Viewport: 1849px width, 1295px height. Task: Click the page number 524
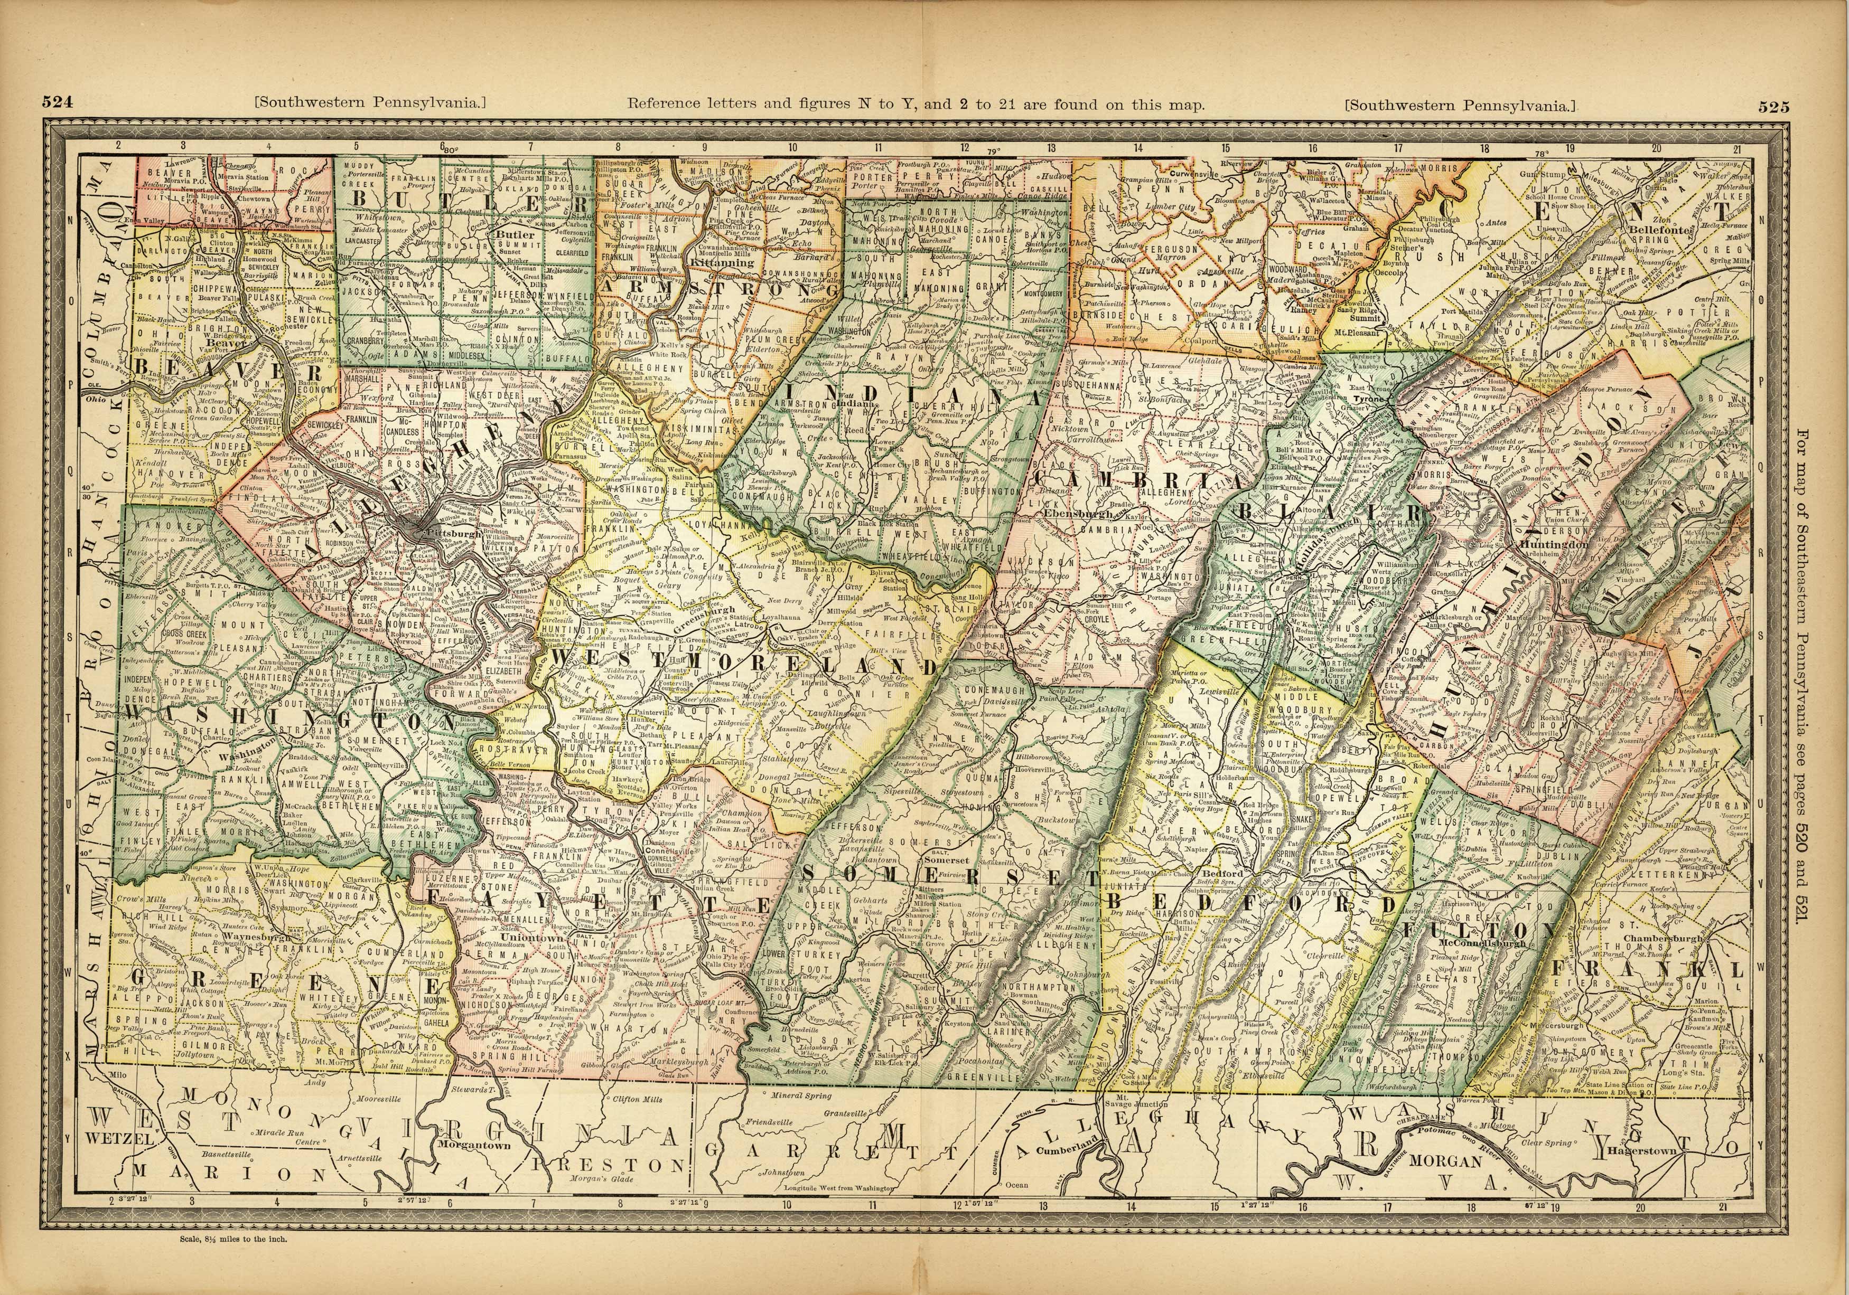pos(58,102)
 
